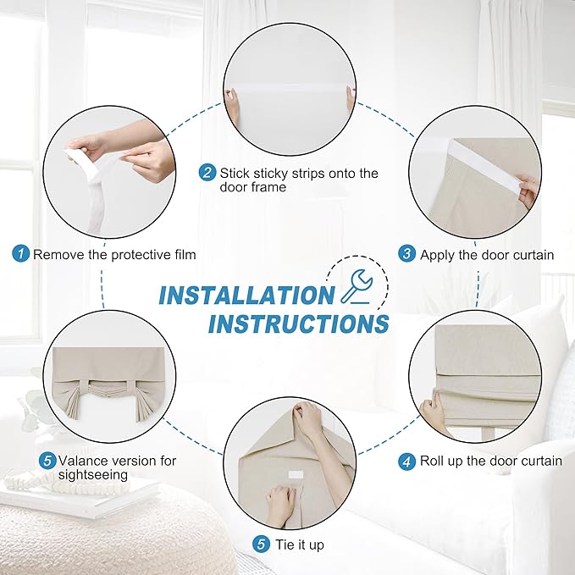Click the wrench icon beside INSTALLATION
[356, 287]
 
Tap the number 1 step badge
[21, 253]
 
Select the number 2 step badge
[207, 172]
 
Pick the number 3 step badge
[407, 253]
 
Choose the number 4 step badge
[406, 462]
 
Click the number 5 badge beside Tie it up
[261, 544]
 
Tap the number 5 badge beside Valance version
[47, 461]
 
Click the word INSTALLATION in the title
[246, 296]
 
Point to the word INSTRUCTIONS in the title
[298, 323]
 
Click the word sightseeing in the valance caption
[93, 475]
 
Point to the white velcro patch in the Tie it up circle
[296, 475]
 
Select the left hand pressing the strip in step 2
[232, 107]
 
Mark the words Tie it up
[300, 545]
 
